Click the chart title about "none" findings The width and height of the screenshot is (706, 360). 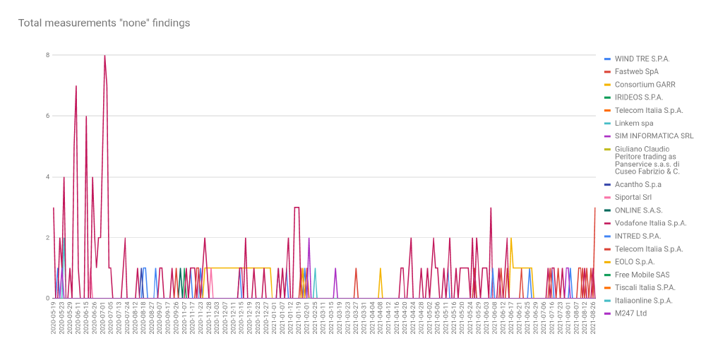(104, 23)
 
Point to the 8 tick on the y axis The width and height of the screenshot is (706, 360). (47, 55)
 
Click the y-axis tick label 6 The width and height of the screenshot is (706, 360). (47, 116)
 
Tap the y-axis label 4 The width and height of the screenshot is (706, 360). (47, 176)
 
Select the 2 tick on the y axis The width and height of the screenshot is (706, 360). (47, 238)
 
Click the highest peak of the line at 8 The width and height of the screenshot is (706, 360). (104, 56)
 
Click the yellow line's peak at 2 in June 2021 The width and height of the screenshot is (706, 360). (511, 238)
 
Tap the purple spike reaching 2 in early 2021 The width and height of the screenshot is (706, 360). (309, 238)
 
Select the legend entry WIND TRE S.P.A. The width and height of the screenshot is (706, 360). (642, 59)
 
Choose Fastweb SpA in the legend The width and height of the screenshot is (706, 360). (636, 71)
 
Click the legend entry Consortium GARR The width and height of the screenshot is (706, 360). (645, 85)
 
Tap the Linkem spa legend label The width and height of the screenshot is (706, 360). (634, 123)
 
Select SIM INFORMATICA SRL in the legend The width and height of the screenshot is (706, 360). (654, 136)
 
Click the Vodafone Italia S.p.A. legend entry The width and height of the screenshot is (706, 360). (650, 223)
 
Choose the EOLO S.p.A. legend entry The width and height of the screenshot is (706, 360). (635, 262)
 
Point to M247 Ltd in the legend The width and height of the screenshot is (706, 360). (630, 313)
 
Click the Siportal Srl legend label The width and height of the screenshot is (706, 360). (633, 197)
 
